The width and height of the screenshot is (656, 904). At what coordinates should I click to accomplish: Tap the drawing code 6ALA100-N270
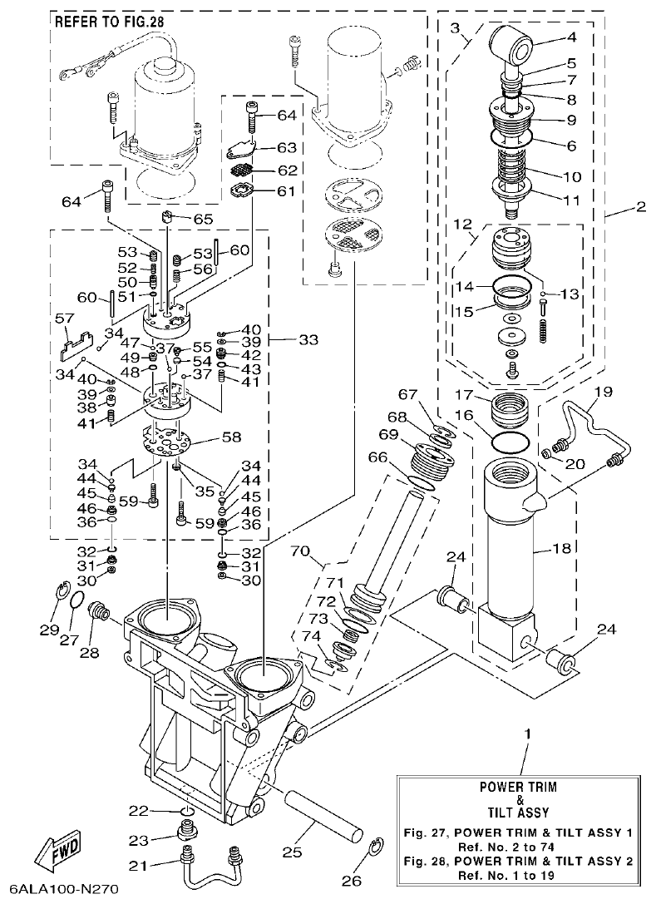click(x=61, y=890)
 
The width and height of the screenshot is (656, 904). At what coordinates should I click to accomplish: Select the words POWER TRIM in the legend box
click(x=518, y=785)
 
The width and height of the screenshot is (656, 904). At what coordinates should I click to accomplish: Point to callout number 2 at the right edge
click(x=639, y=208)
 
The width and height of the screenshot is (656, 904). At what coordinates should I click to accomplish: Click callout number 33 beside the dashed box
click(x=308, y=339)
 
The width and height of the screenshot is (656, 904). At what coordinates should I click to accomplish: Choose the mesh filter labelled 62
click(x=240, y=170)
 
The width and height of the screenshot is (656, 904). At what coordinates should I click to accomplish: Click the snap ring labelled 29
click(x=62, y=592)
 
